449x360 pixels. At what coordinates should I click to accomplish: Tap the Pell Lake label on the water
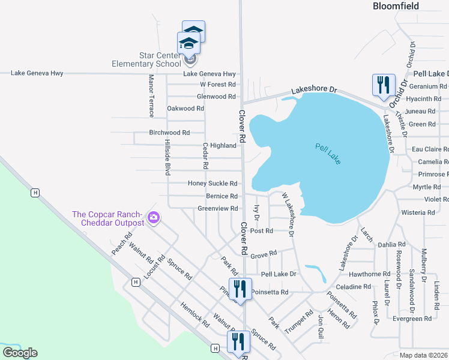(x=328, y=154)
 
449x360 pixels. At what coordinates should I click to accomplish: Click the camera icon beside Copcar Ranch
(x=154, y=217)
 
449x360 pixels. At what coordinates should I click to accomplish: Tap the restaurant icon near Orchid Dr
(x=382, y=85)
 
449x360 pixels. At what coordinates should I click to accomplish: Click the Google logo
(x=20, y=353)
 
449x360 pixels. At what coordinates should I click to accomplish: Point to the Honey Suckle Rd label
(x=212, y=184)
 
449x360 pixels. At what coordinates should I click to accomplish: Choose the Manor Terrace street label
(x=151, y=96)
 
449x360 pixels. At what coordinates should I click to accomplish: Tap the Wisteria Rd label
(x=418, y=212)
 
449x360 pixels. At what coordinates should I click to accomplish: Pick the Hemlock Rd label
(x=194, y=314)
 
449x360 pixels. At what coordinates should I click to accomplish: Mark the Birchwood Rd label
(x=169, y=133)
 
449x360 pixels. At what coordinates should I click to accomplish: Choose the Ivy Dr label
(x=256, y=212)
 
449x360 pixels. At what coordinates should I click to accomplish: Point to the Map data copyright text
(x=424, y=355)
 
